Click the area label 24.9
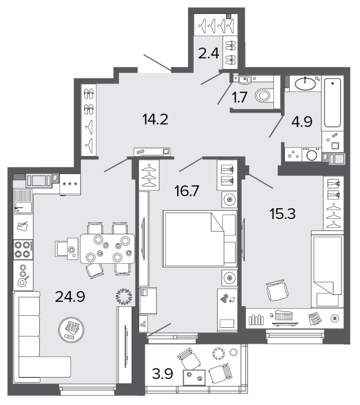[70, 297]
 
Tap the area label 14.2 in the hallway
[155, 120]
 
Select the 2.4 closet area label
[209, 54]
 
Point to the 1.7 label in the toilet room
[240, 97]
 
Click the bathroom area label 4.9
[302, 121]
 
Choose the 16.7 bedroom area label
[187, 191]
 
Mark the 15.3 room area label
[283, 214]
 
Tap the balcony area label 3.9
[163, 373]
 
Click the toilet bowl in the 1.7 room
[263, 96]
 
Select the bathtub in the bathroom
[332, 103]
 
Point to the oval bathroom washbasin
[305, 84]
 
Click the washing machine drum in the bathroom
[312, 155]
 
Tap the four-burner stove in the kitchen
[23, 249]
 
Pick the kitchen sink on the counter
[23, 201]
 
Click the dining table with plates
[108, 249]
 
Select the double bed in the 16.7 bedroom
[200, 239]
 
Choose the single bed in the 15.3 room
[328, 269]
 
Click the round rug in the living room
[71, 330]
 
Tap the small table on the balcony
[194, 377]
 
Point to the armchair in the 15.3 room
[277, 290]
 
